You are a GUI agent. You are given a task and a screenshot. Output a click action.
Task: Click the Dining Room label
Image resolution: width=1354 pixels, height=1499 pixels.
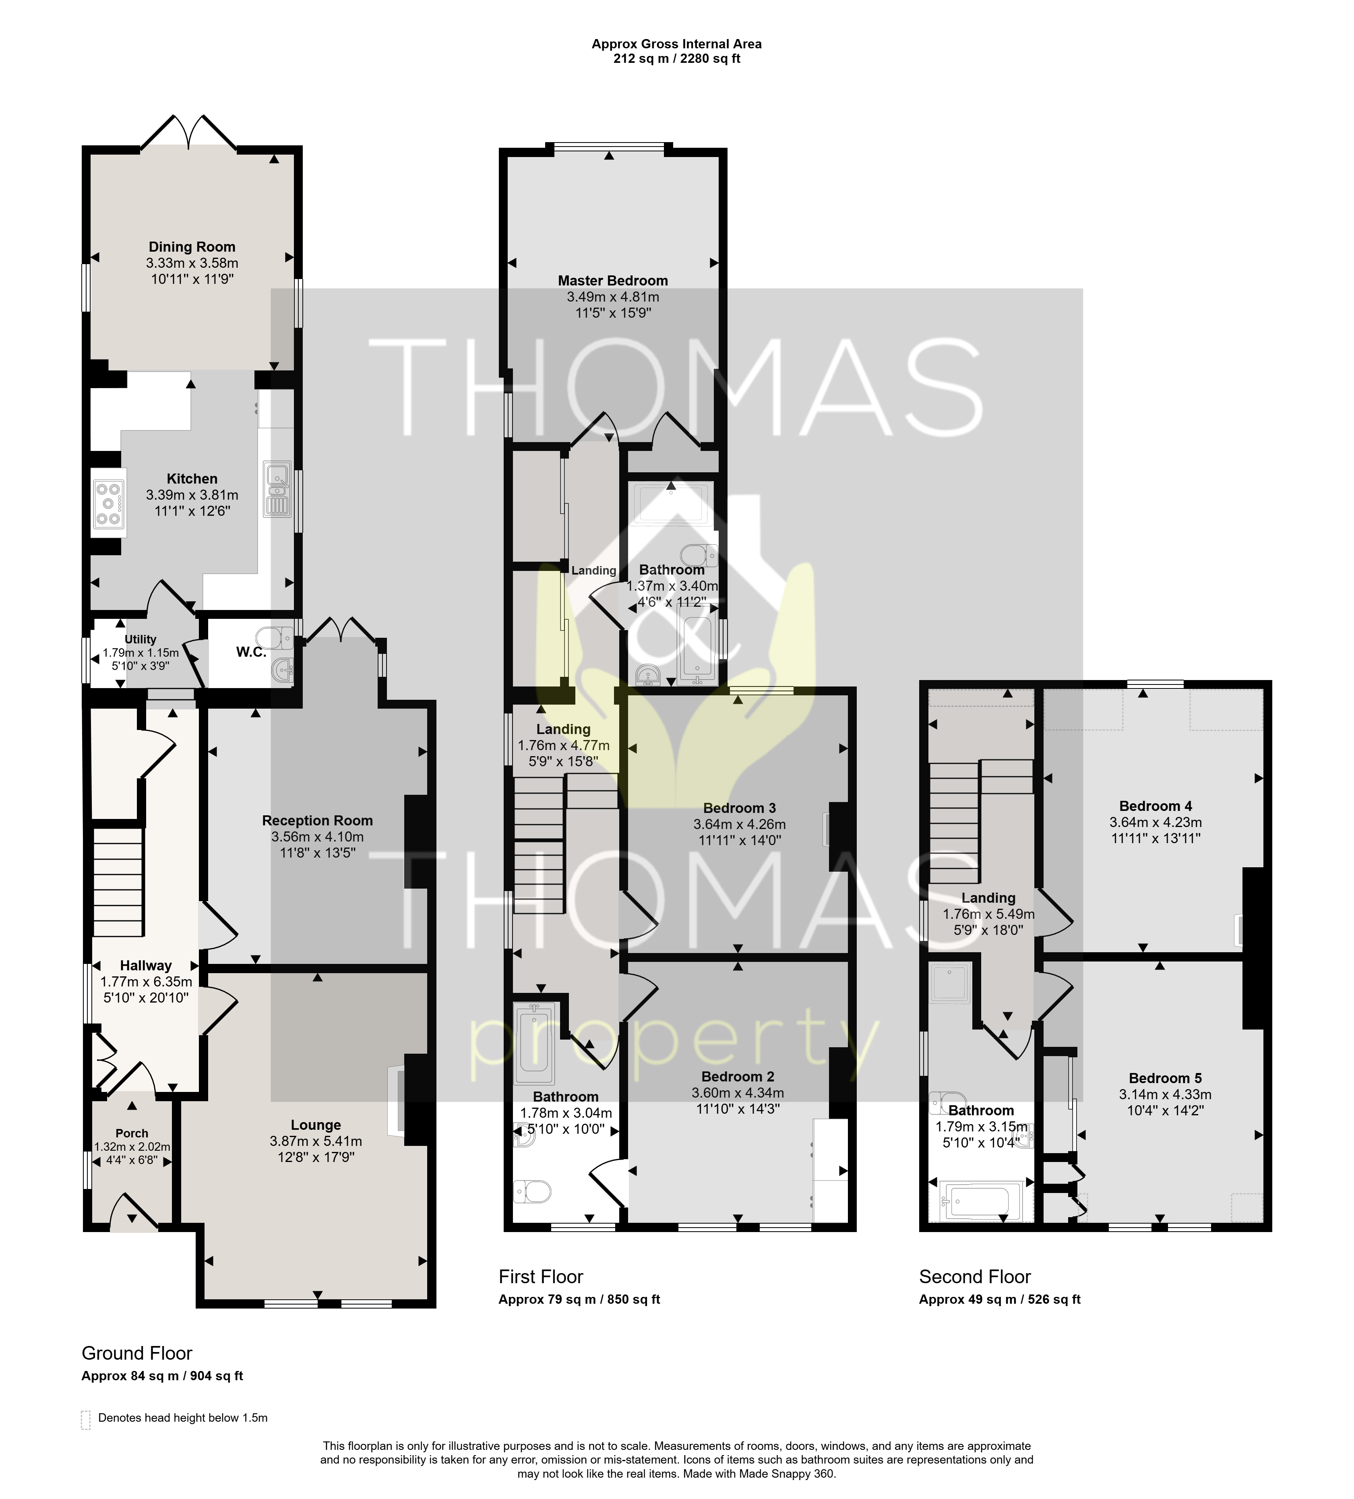point(192,247)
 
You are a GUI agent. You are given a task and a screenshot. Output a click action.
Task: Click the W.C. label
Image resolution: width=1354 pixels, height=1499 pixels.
point(251,652)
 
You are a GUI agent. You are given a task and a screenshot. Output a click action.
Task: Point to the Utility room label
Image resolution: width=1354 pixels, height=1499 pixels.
point(141,639)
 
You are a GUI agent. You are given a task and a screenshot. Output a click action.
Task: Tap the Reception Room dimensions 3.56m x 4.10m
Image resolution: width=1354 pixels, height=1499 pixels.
point(318,837)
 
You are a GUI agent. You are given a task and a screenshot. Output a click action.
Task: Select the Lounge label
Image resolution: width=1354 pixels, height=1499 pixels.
point(316,1125)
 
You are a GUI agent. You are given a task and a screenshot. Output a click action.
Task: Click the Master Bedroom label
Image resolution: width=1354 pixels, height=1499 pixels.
point(613,280)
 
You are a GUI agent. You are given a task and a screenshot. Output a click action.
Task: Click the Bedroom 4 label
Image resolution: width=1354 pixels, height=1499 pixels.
point(1156,806)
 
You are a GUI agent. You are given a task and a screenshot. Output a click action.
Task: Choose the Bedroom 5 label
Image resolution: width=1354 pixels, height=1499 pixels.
point(1165,1078)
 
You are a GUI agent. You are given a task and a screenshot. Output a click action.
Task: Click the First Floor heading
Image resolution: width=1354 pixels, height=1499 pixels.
point(541,1277)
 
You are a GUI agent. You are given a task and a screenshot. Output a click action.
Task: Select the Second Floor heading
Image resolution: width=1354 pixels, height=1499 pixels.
point(975,1277)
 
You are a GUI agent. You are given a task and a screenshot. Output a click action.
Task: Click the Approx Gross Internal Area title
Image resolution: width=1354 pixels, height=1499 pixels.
point(677,44)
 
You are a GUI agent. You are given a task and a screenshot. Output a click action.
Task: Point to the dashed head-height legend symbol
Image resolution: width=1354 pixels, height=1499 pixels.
point(85,1419)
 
